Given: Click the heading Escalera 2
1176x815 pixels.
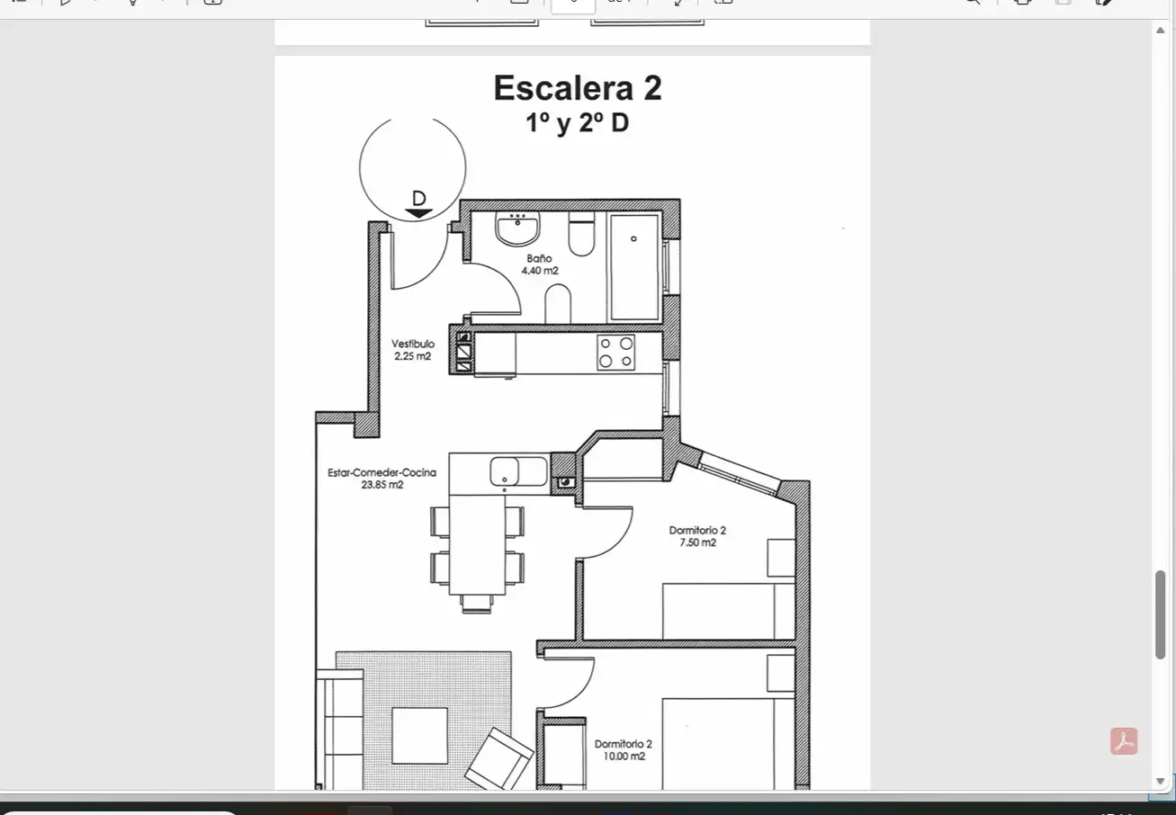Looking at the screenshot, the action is [x=578, y=87].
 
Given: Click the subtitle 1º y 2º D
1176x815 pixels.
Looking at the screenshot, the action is [x=578, y=123].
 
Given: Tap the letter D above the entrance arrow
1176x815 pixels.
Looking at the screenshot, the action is [x=418, y=199].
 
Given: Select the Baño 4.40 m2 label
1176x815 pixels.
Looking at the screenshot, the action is [x=540, y=264].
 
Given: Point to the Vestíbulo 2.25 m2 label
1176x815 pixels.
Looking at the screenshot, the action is [x=413, y=350].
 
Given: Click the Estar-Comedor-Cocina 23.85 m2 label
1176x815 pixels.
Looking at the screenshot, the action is [x=382, y=479].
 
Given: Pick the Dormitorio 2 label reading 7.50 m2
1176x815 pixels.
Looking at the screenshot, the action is [x=697, y=536].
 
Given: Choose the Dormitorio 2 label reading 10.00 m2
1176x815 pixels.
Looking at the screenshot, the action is [x=624, y=750].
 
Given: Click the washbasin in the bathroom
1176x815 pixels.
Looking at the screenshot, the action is [x=517, y=228].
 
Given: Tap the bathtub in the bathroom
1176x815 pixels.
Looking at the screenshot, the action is [x=634, y=266].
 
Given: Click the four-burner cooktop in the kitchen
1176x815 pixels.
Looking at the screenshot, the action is [x=615, y=352].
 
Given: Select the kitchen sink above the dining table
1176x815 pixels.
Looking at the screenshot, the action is [x=518, y=470].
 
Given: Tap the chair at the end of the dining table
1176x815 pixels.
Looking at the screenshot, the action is [x=477, y=604].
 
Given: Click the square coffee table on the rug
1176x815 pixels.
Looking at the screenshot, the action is [x=420, y=736].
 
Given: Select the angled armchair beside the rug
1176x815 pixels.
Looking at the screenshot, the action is [x=498, y=759].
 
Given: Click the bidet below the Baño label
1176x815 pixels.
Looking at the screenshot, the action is [x=558, y=304].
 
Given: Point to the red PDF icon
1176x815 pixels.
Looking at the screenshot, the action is [x=1124, y=741].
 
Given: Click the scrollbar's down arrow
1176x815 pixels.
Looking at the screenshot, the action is [x=1160, y=781].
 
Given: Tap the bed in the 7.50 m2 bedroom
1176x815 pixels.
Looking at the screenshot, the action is [x=729, y=612].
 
